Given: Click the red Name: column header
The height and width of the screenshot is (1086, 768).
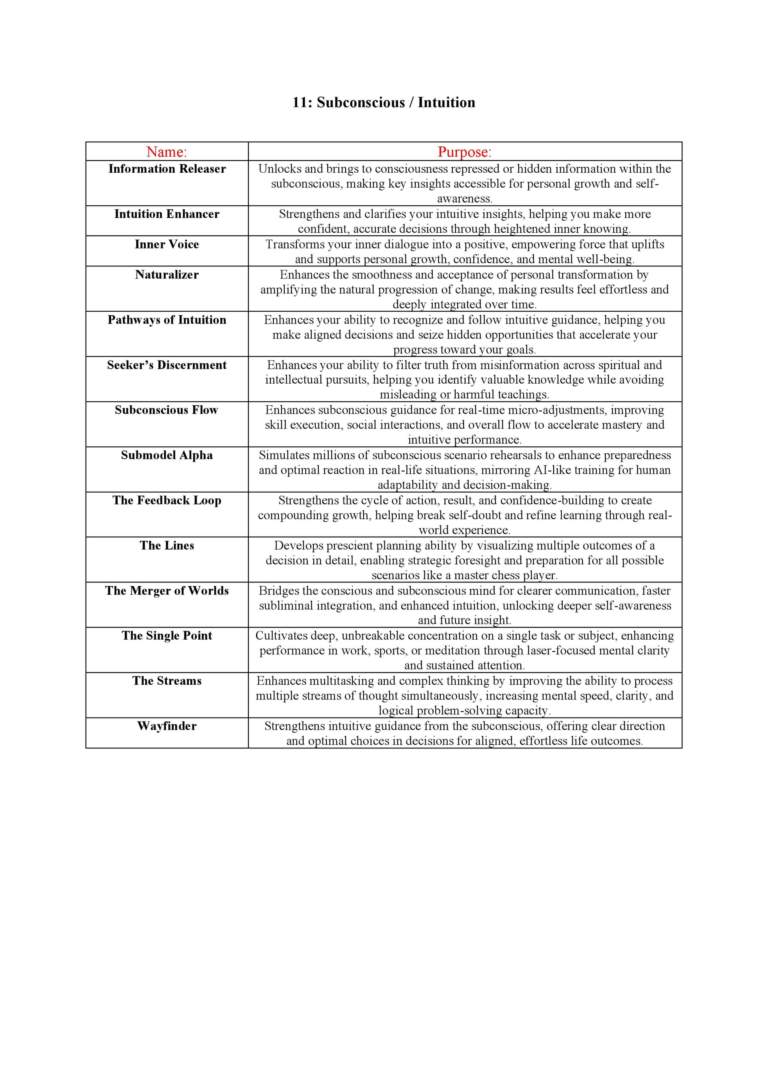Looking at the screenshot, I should click(166, 152).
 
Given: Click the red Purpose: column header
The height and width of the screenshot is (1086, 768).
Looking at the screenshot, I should click(464, 152).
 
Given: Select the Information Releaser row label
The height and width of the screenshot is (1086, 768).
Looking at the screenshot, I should click(167, 169).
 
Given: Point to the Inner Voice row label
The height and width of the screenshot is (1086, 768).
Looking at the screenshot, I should click(167, 244).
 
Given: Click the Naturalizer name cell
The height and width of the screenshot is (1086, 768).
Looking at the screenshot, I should click(167, 274).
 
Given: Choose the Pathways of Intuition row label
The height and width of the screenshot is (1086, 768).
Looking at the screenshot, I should click(167, 320).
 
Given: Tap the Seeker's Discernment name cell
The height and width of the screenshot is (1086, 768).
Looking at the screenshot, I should click(167, 365).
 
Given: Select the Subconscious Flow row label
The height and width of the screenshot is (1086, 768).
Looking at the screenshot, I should click(166, 410).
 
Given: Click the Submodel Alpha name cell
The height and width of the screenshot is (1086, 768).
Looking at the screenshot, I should click(167, 455).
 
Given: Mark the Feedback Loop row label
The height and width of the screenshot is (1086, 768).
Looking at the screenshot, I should click(167, 500).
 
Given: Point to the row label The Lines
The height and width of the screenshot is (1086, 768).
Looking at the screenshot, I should click(167, 545).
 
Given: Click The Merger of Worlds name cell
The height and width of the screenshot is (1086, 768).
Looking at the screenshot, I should click(167, 590).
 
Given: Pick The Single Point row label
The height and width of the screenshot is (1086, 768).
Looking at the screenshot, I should click(167, 635).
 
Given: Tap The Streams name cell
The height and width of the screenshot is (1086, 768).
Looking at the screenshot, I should click(167, 681).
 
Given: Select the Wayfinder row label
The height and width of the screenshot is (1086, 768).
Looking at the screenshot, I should click(167, 726).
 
